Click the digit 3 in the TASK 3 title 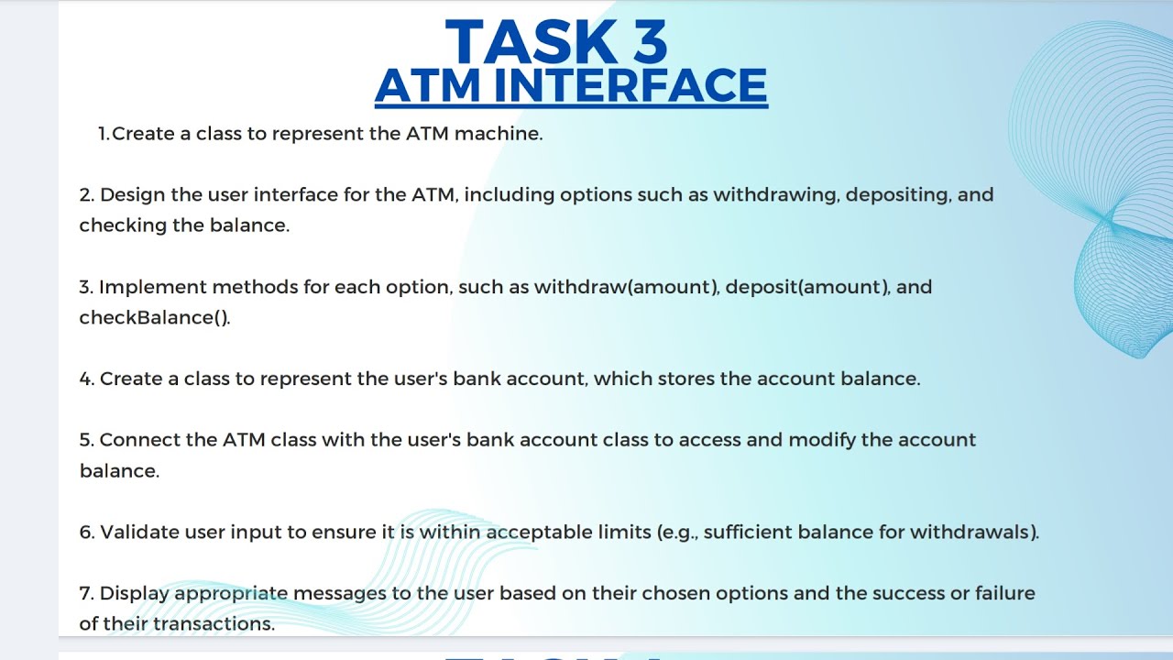coord(644,42)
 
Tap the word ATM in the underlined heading coord(428,85)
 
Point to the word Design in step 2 coord(127,195)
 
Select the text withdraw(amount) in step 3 coord(626,287)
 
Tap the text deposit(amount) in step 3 coord(807,287)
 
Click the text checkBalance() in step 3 coord(154,318)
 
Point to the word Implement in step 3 coord(152,287)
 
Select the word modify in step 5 coord(821,440)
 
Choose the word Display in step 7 coord(134,593)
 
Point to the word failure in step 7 coord(1004,593)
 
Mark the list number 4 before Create coord(86,379)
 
